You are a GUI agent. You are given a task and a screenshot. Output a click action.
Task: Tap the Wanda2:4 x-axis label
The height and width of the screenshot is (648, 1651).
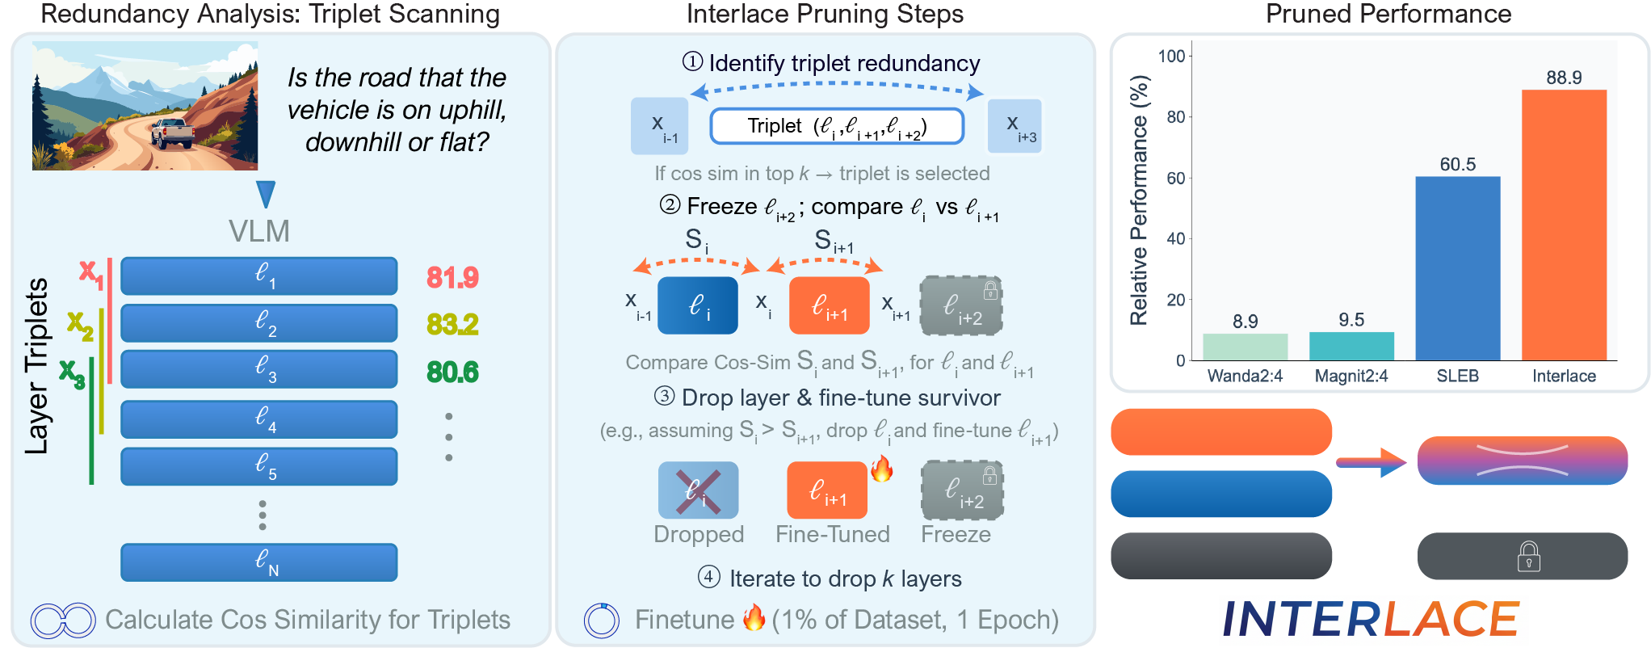1245,376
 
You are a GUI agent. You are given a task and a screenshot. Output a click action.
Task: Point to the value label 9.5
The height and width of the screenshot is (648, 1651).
1351,320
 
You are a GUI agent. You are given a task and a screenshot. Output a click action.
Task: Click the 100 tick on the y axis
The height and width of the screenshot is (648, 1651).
1171,56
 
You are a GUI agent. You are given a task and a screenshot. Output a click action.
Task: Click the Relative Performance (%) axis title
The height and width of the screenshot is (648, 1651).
1139,200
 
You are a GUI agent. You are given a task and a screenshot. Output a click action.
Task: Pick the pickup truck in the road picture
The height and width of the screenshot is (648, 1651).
172,133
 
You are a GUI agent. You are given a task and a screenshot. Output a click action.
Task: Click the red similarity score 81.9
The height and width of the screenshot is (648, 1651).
452,278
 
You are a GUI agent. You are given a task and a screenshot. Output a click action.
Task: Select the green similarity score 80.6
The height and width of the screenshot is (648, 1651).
452,372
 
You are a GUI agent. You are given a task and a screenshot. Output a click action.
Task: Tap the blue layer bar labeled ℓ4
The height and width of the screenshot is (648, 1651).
258,419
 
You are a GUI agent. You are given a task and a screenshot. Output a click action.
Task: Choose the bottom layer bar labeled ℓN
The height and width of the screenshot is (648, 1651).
258,562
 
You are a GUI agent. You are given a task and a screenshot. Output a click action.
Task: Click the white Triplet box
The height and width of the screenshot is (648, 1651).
837,126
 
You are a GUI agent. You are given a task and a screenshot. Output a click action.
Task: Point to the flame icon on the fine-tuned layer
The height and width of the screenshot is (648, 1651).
882,469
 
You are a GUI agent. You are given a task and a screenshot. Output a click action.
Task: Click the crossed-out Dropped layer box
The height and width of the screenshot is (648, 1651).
698,490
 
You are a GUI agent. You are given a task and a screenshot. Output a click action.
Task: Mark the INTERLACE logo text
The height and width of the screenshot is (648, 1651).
1371,620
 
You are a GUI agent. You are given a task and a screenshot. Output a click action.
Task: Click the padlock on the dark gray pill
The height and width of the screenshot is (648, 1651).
1528,557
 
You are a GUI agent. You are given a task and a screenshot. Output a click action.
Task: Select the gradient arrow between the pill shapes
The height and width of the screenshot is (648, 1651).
1372,462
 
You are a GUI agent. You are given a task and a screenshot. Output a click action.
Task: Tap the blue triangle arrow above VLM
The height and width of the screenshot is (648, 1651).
266,194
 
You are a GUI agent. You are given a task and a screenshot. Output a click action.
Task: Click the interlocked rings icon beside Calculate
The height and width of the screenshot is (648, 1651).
63,621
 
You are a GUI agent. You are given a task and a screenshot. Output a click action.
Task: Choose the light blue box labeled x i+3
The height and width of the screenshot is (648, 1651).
1015,126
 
